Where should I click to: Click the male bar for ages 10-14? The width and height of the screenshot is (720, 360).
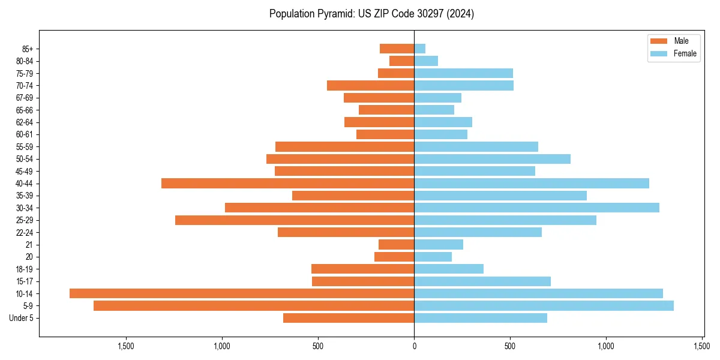[242, 293]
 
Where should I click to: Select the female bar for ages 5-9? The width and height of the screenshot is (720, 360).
[544, 306]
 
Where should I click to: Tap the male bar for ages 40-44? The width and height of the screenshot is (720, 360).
[288, 184]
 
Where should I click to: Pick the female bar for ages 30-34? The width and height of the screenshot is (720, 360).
[536, 208]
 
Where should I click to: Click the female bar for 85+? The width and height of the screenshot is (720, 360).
[420, 49]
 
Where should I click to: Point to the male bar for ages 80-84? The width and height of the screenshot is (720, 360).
[402, 61]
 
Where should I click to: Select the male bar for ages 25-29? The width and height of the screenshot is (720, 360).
[295, 220]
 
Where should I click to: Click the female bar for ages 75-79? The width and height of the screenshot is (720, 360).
[463, 73]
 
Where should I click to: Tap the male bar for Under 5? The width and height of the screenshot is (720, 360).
[349, 318]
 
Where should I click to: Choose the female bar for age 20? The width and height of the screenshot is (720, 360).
[433, 257]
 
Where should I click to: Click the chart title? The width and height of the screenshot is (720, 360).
[371, 14]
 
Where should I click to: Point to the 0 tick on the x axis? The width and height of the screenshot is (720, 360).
[414, 346]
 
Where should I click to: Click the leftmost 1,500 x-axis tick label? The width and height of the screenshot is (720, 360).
[126, 346]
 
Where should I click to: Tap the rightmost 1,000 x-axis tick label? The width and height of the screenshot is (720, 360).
[606, 346]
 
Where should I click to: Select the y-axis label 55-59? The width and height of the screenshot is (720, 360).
[25, 147]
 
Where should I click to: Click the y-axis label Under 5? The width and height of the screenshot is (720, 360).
[22, 318]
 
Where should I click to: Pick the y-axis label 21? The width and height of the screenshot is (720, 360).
[29, 245]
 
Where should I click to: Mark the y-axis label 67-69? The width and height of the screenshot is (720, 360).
[25, 98]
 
